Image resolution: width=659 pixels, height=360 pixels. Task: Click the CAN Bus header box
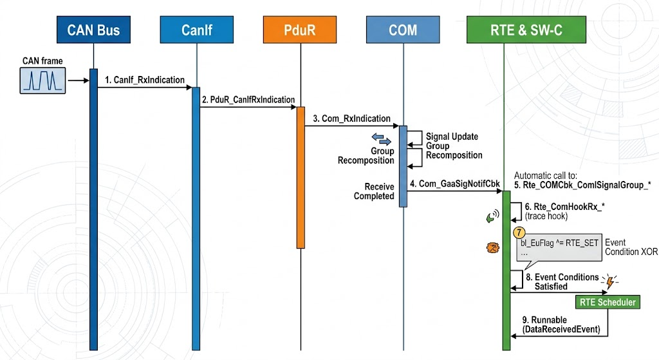93,30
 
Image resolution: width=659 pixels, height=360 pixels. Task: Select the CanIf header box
197,30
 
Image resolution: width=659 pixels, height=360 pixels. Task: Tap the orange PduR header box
300,30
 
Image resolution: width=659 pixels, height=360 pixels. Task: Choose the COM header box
403,30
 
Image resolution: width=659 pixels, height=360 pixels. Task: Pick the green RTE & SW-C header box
526,30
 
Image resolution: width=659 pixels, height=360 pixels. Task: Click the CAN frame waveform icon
42,81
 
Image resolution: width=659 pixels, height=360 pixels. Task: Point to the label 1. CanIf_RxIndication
145,80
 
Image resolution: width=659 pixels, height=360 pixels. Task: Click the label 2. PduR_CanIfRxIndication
248,100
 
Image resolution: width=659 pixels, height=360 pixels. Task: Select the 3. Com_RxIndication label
351,118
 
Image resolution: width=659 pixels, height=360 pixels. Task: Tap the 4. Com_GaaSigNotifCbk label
455,184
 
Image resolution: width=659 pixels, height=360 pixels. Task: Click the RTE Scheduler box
608,302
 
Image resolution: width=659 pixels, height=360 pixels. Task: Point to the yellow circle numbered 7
519,232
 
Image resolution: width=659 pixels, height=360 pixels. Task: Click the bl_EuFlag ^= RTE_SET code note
559,248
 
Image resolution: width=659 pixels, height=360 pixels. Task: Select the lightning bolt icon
610,281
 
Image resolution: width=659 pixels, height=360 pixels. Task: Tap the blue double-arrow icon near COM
381,139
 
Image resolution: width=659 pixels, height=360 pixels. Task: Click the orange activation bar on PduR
301,178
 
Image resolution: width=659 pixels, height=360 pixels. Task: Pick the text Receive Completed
374,191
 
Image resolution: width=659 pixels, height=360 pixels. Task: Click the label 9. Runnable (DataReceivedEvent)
561,325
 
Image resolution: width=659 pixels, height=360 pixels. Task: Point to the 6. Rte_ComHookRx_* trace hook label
564,211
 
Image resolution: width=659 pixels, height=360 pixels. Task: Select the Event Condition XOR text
631,247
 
